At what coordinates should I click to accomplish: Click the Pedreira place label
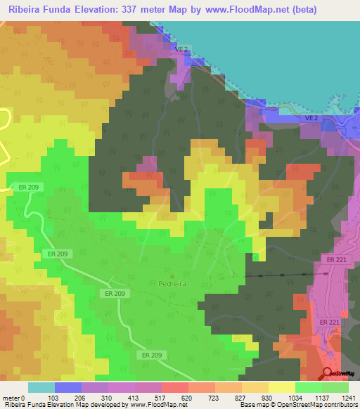coord(172,285)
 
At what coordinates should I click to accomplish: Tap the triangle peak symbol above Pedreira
coord(172,275)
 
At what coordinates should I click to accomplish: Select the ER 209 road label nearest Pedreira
coord(114,292)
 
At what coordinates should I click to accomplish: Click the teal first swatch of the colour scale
coord(41,387)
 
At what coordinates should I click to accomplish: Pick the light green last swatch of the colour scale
coord(335,387)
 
